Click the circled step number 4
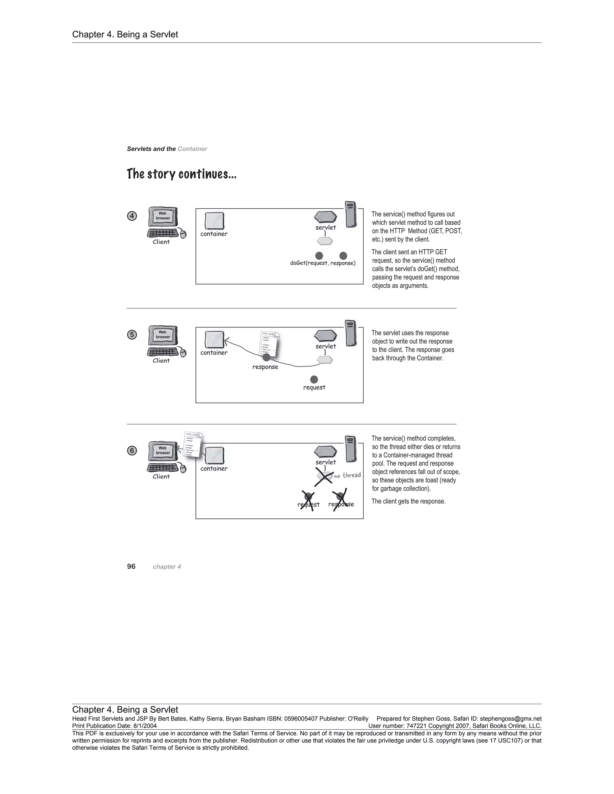tap(132, 216)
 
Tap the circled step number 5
tap(132, 334)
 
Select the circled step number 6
tap(132, 450)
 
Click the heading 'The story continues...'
tap(181, 174)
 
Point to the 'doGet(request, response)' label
tap(323, 263)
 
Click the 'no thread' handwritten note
tap(347, 475)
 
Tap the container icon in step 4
tap(214, 221)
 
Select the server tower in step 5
tap(351, 333)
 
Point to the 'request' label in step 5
tap(314, 387)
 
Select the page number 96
tap(131, 566)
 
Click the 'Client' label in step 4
tap(161, 242)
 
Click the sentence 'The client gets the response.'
tap(408, 501)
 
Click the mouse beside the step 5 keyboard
tap(183, 353)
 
